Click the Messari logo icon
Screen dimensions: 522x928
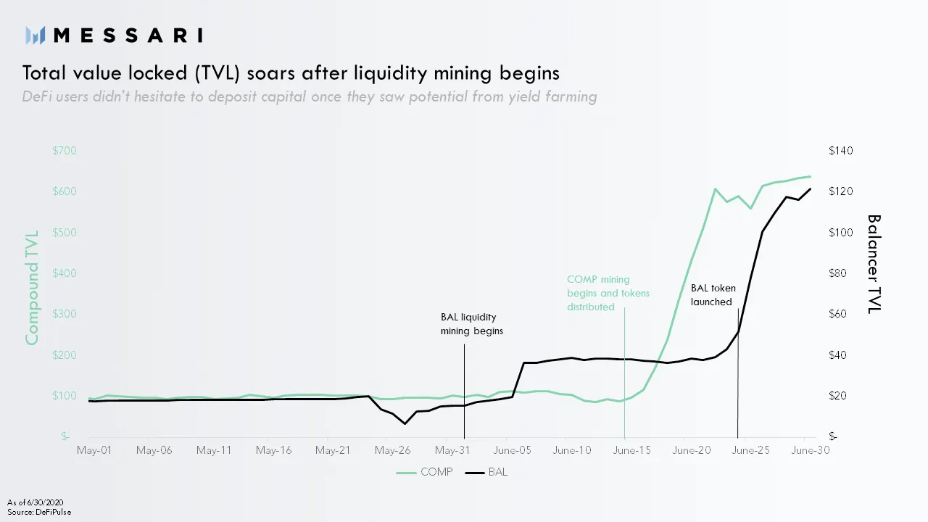36,35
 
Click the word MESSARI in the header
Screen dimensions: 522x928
128,35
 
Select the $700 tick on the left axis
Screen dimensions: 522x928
65,151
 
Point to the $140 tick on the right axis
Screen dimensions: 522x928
841,151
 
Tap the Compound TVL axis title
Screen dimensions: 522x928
32,288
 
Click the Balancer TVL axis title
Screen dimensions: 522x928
874,264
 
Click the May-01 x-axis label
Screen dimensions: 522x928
94,450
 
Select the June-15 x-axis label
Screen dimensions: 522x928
631,450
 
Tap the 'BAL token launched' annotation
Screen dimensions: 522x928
711,295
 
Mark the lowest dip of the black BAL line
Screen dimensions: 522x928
405,423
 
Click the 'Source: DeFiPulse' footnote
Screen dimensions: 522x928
39,512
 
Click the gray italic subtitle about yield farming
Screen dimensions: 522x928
310,97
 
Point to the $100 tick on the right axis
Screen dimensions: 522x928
841,233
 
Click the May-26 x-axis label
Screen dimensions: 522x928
392,450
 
